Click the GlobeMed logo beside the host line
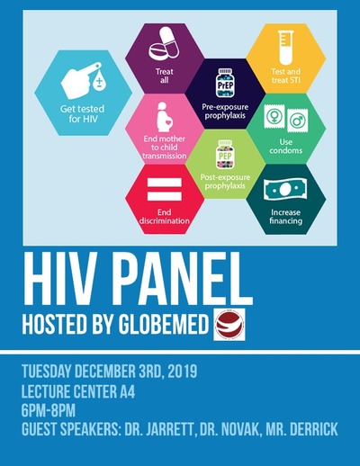coord(229,324)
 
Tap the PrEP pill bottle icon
coord(225,83)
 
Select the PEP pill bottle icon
coord(225,154)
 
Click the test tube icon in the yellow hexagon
coord(285,48)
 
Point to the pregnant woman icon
coord(165,117)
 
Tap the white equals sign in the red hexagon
coord(165,189)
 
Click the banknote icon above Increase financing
coord(285,189)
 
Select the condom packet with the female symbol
coord(274,117)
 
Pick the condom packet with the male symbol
coord(297,120)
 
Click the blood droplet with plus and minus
coord(98,82)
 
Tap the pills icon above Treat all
coord(164,43)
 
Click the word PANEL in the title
coord(184,280)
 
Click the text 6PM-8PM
coord(49,410)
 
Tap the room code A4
coord(128,391)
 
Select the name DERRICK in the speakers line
coord(314,429)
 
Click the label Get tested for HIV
coord(83,113)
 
